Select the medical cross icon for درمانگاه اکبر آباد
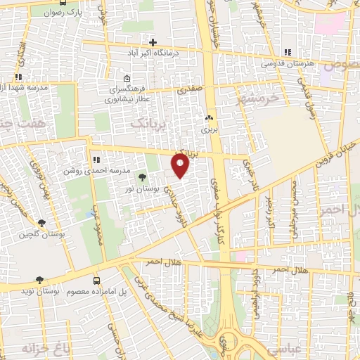pyautogui.click(x=153, y=42)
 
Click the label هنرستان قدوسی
pyautogui.click(x=287, y=63)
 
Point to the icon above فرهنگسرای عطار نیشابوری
pyautogui.click(x=127, y=78)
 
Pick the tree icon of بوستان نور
pyautogui.click(x=143, y=177)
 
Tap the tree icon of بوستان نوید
pyautogui.click(x=39, y=280)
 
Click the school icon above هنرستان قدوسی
pyautogui.click(x=287, y=52)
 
